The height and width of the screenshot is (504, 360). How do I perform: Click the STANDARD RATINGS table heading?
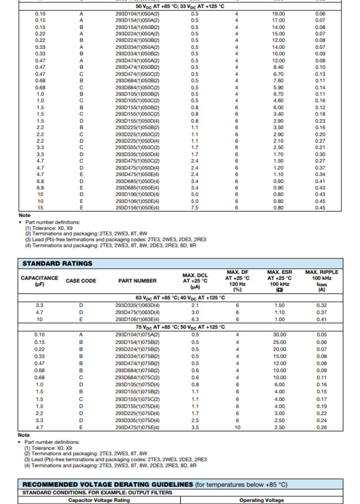click(x=57, y=263)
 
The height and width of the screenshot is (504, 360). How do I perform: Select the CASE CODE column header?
click(x=81, y=281)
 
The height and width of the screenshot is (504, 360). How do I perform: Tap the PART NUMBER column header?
click(x=137, y=281)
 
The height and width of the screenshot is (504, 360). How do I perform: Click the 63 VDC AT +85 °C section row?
click(x=180, y=298)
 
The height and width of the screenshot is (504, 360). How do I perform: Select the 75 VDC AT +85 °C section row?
click(x=180, y=327)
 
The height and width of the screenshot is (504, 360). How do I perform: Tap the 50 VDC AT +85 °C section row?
click(x=180, y=6)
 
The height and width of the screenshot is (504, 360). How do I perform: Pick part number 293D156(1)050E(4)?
click(x=137, y=208)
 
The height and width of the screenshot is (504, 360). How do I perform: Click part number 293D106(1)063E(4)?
click(x=137, y=320)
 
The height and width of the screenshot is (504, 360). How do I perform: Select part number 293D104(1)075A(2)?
click(x=137, y=335)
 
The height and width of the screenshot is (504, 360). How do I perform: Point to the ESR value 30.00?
click(x=279, y=335)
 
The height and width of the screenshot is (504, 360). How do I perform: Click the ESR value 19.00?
click(x=278, y=14)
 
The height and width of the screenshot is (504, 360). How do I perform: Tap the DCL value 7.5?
click(x=195, y=208)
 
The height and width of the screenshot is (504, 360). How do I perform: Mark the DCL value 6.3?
click(x=195, y=320)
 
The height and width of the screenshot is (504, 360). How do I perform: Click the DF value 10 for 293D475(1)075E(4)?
click(x=237, y=428)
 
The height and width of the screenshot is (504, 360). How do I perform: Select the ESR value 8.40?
click(x=278, y=67)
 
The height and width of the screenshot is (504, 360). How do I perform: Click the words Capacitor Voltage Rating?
click(x=99, y=500)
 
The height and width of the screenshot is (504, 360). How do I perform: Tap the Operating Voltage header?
click(x=262, y=500)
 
